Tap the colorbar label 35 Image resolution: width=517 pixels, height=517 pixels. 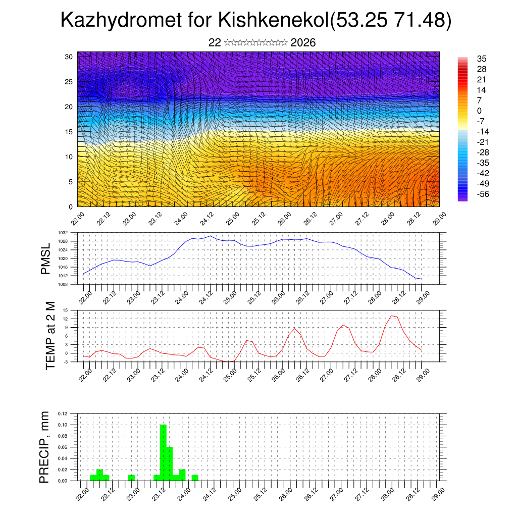pos(482,59)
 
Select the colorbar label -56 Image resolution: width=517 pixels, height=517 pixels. pos(483,194)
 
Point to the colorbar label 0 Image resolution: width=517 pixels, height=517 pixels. pos(479,111)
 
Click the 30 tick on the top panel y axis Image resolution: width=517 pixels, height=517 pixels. pos(69,57)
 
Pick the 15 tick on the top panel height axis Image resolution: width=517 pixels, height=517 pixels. pos(69,132)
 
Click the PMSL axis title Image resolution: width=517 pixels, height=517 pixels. pos(46,259)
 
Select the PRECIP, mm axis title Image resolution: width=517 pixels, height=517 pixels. pos(45,447)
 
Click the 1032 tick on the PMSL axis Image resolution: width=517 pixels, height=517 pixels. pos(63,233)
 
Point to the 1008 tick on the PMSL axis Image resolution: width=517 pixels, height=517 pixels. pos(63,284)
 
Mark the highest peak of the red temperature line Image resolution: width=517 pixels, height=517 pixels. pos(392,316)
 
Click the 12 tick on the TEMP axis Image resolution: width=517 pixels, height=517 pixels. pos(66,319)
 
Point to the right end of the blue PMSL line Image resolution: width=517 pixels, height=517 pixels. pos(421,279)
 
